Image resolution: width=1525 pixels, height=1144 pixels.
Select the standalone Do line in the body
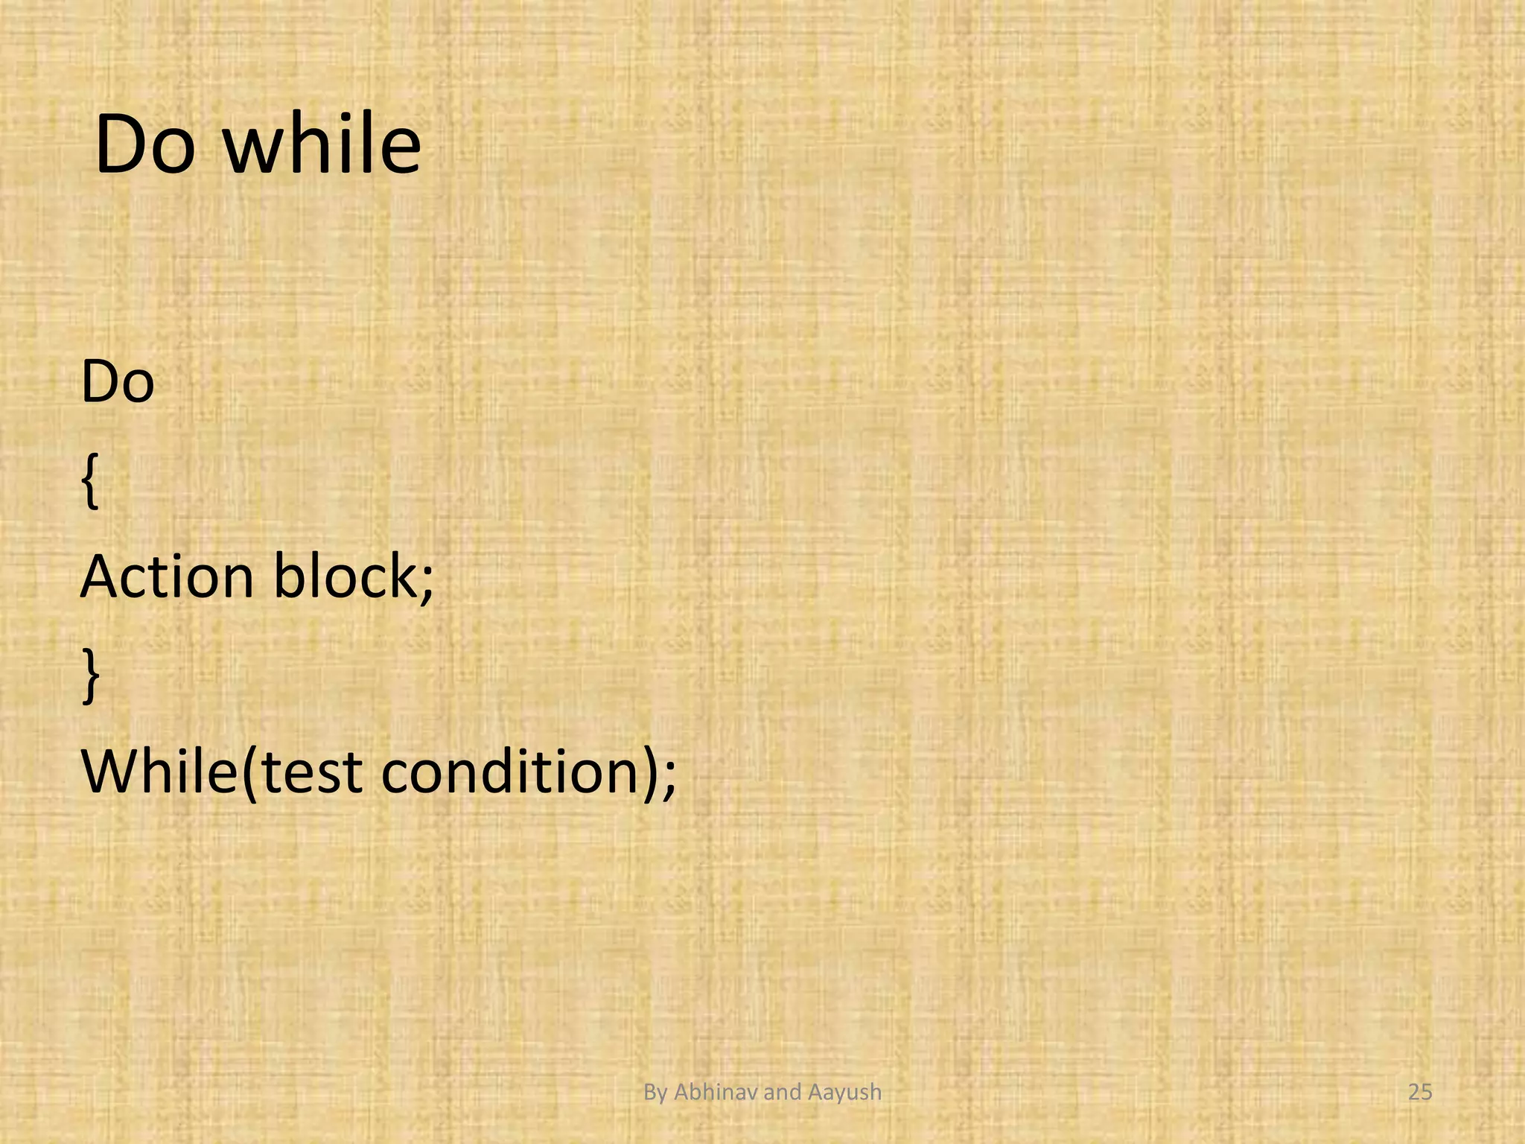click(x=118, y=382)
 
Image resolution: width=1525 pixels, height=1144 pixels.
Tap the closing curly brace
click(x=90, y=675)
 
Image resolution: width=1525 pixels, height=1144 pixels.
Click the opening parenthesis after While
click(x=249, y=775)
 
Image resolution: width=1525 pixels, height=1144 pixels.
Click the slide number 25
click(x=1420, y=1093)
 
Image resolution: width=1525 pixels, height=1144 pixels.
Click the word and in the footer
click(x=782, y=1093)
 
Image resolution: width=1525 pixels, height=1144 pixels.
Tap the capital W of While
click(x=112, y=772)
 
